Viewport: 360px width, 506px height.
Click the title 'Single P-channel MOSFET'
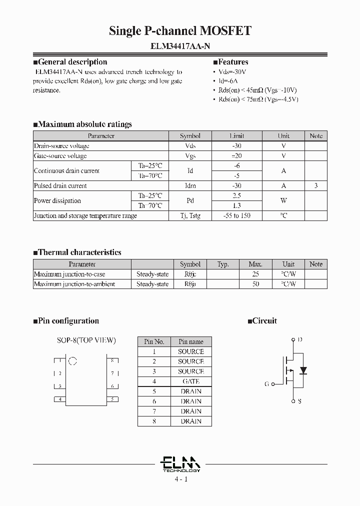point(180,31)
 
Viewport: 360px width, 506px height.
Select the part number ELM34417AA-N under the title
point(180,46)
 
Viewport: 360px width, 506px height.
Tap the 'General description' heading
point(72,62)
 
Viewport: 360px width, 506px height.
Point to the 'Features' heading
point(233,62)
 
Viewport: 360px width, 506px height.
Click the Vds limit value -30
point(236,146)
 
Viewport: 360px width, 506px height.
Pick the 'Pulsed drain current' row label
point(60,185)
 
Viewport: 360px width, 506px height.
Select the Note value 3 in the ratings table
point(316,185)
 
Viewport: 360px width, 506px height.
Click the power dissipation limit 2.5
point(236,195)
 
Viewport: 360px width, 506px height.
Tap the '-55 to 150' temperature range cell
point(236,215)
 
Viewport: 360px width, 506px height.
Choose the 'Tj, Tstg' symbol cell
point(190,215)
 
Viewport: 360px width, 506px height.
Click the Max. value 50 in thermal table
point(255,284)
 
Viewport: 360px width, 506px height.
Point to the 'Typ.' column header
point(223,264)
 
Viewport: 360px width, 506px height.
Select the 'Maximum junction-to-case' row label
point(69,274)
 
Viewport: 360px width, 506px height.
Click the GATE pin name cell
point(190,381)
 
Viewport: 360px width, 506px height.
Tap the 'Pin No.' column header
point(154,341)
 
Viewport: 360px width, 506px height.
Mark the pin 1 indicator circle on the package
point(72,360)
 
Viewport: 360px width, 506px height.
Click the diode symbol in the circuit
point(303,370)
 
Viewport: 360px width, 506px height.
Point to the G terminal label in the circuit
point(266,384)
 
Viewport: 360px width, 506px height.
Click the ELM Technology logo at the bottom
point(180,463)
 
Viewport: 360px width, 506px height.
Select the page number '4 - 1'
point(180,479)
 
